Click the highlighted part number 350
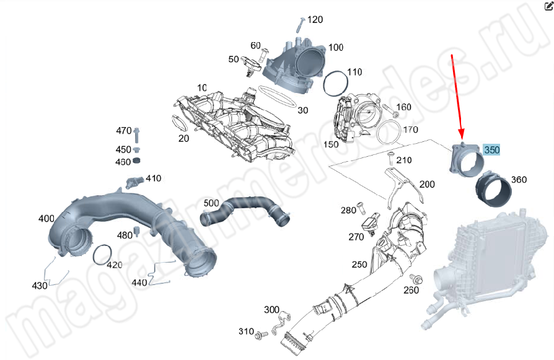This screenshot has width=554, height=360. click(491, 150)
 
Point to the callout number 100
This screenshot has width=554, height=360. click(335, 48)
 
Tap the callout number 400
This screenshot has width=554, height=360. click(46, 219)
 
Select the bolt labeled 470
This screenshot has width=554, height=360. click(138, 133)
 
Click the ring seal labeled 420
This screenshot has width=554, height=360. click(102, 254)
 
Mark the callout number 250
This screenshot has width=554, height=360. click(359, 265)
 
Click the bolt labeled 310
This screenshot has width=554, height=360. click(260, 335)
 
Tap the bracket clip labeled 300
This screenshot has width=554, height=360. click(284, 318)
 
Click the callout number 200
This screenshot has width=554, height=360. click(427, 185)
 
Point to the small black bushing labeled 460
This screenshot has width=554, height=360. click(138, 161)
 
